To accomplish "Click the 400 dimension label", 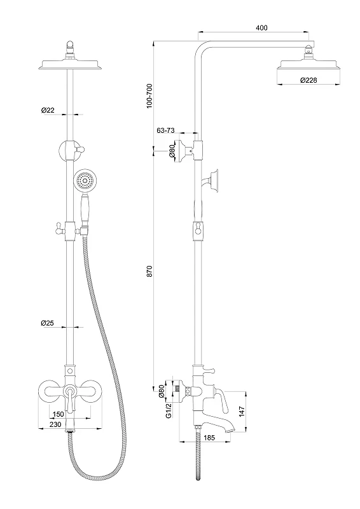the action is (261, 28).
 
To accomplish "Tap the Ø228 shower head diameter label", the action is (308, 80).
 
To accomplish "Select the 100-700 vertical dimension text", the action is (149, 96).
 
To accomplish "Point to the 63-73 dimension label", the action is (165, 130).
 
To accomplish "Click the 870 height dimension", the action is (149, 271).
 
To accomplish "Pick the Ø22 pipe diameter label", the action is (48, 110).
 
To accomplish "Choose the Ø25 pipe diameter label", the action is (48, 323).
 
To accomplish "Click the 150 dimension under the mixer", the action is (58, 415).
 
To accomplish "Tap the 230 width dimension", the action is (55, 424).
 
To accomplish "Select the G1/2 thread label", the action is (169, 410).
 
